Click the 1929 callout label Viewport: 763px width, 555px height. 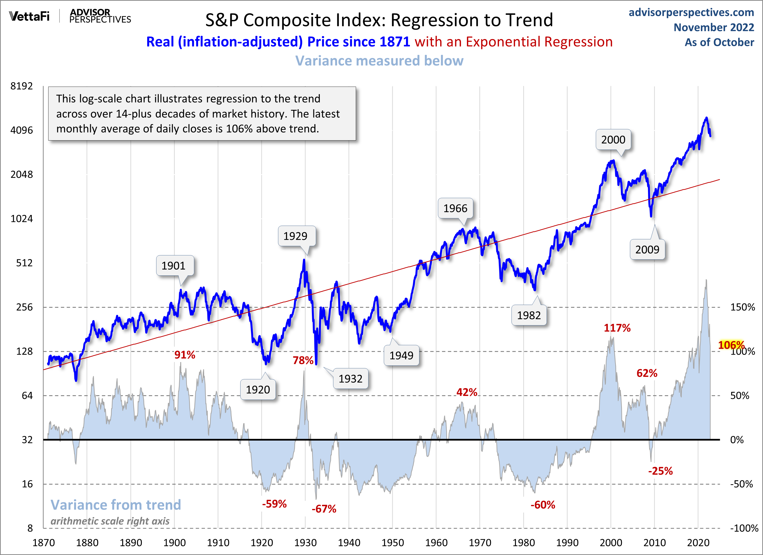pos(295,236)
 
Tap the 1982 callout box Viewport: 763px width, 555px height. pos(529,315)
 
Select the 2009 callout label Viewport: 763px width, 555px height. pos(647,250)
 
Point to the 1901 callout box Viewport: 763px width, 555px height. pos(174,266)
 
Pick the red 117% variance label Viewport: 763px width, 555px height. pos(617,328)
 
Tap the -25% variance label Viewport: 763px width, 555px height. pos(660,471)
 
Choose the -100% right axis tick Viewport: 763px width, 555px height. pos(744,528)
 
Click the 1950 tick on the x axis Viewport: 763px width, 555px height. pos(393,543)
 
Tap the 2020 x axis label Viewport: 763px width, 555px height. pos(698,543)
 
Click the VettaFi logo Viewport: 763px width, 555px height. pos(29,16)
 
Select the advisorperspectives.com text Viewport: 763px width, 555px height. pos(691,12)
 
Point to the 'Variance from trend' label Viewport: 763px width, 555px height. pos(116,505)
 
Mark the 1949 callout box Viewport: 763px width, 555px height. pos(401,355)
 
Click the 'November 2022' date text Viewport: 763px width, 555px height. pos(714,27)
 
